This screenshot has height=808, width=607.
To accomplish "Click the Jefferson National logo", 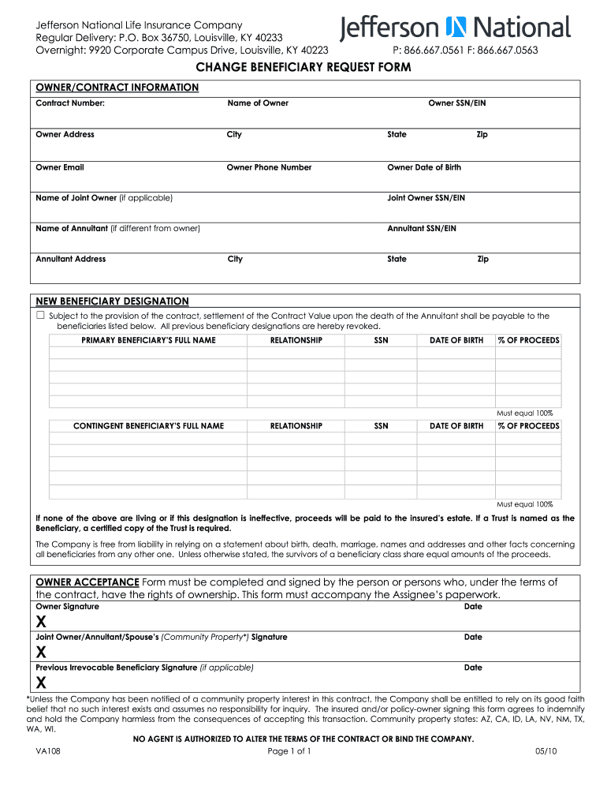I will [455, 28].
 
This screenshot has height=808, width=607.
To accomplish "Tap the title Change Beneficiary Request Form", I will [303, 68].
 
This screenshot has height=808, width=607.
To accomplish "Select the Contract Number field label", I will [70, 103].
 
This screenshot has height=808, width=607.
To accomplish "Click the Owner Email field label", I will [60, 167].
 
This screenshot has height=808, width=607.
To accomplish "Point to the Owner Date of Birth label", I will [424, 167].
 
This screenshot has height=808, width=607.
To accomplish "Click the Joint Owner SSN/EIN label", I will [426, 198].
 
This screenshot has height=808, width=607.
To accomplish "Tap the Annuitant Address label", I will [71, 259].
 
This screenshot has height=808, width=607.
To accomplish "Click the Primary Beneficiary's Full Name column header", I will [148, 340].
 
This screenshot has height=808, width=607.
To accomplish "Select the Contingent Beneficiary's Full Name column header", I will [148, 426].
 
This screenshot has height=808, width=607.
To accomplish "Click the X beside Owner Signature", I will [41, 623].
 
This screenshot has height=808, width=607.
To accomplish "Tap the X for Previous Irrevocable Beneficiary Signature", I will [41, 683].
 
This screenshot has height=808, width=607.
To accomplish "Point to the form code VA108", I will [48, 751].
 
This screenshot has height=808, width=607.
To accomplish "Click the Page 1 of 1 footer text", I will [289, 751].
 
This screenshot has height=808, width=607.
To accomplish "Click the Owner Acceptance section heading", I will [88, 582].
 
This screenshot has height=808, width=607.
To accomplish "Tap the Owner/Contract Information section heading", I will [117, 88].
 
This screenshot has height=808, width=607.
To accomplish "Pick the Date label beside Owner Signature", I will [473, 607].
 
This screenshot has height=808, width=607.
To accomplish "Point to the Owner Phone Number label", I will [269, 167].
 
